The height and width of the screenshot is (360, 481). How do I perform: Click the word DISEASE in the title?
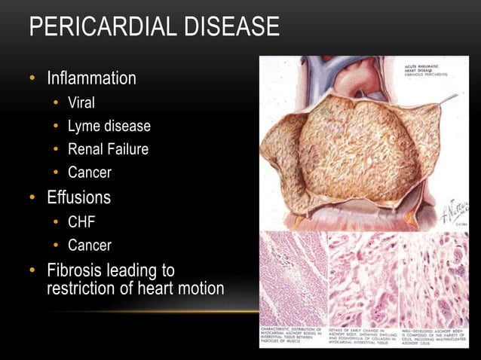click(229, 29)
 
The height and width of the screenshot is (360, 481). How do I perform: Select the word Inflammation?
click(91, 78)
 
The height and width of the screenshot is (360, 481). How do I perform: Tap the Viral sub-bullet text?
click(81, 103)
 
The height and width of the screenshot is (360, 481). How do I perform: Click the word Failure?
click(128, 149)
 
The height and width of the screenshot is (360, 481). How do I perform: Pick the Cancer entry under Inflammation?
click(90, 172)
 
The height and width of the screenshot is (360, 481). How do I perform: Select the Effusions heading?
click(78, 197)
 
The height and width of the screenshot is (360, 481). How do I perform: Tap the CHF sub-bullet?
click(81, 222)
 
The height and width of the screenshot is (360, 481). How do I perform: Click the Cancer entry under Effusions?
click(90, 245)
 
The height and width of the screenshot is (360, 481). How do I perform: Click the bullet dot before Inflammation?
click(32, 79)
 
